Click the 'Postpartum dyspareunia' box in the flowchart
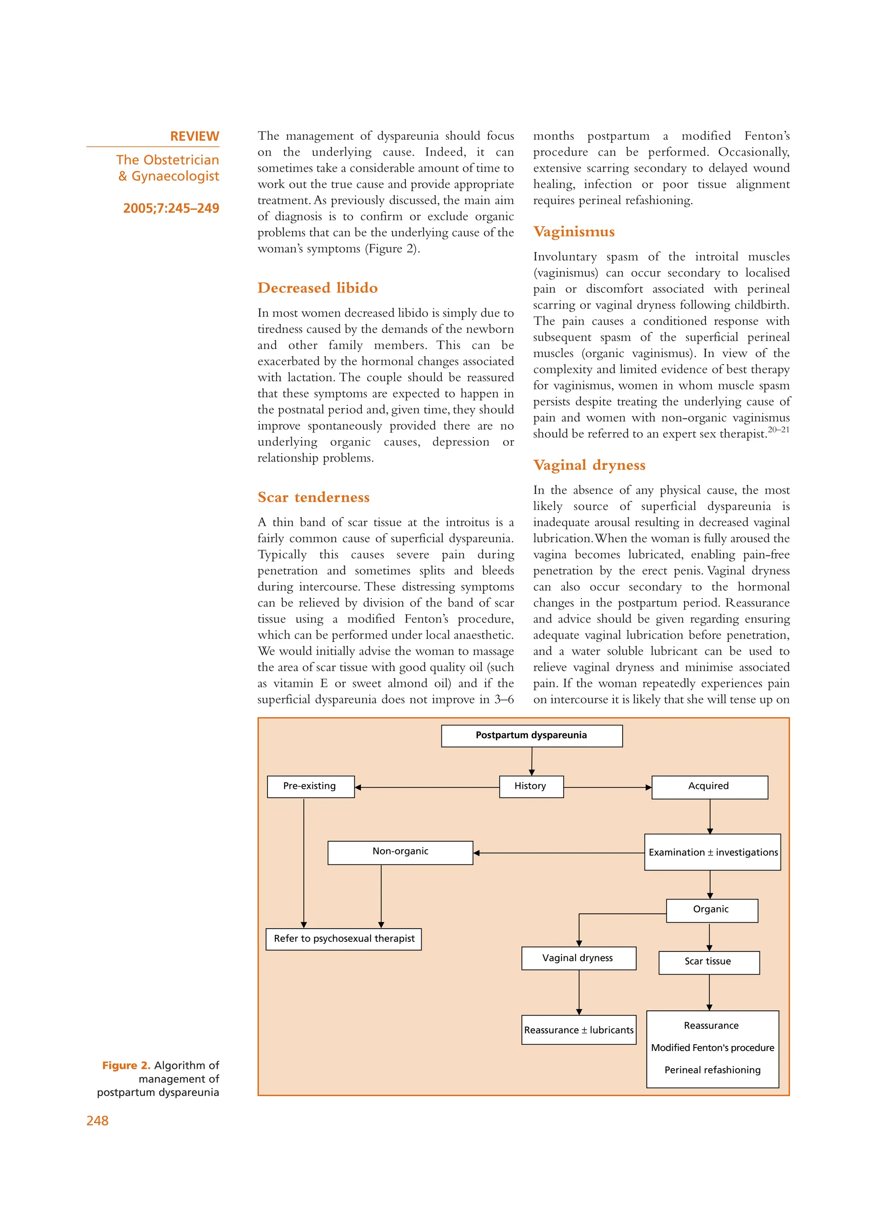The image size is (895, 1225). click(x=531, y=735)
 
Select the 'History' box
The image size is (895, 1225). click(x=531, y=786)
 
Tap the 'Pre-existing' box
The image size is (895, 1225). click(x=310, y=786)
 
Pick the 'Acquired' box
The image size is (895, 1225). click(x=709, y=787)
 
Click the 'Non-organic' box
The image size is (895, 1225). click(x=400, y=852)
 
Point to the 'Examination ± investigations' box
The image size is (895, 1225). click(x=712, y=852)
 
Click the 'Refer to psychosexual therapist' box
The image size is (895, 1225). click(x=343, y=938)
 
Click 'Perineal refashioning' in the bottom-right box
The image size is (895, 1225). click(x=712, y=1069)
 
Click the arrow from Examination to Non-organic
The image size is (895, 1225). click(x=558, y=853)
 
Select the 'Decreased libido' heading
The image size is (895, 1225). click(x=317, y=288)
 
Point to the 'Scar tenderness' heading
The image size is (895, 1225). click(x=313, y=497)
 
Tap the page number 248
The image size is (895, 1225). click(x=97, y=1121)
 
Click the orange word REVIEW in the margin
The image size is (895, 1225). click(x=194, y=136)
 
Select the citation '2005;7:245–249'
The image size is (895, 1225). click(x=171, y=208)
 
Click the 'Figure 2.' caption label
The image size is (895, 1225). click(x=126, y=1065)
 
